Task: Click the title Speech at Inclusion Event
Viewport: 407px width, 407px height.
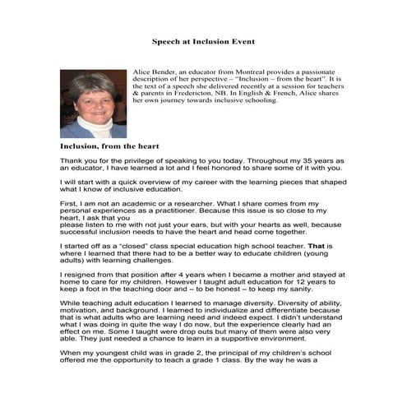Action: point(203,40)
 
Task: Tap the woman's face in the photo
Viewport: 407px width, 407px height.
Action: point(91,98)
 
